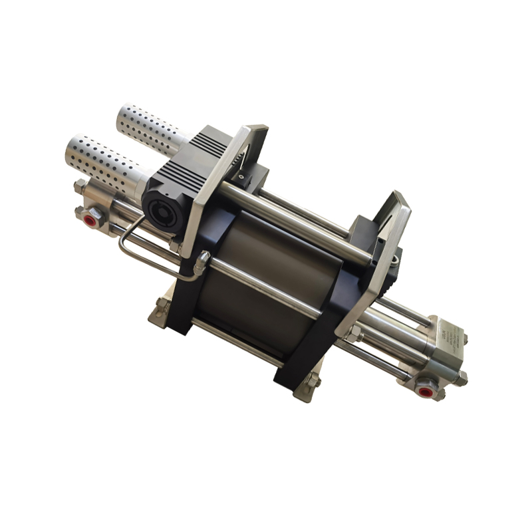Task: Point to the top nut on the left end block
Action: (x=80, y=187)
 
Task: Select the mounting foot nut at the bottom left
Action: (x=162, y=308)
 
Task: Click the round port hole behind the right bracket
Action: (x=396, y=255)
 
